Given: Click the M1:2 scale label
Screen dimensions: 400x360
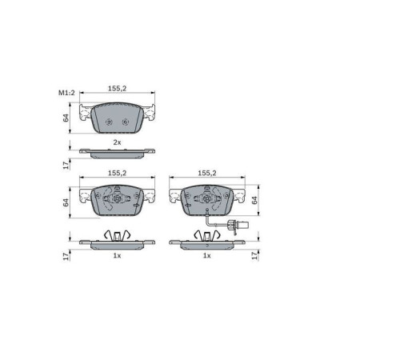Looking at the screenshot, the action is [66, 93].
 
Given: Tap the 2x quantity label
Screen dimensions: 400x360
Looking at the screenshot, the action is [117, 142].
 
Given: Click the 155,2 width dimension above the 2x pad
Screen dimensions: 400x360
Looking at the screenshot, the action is [117, 88].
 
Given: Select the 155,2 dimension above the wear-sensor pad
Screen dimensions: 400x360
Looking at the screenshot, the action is [207, 173].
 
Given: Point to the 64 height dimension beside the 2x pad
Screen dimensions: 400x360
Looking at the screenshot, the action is [66, 118].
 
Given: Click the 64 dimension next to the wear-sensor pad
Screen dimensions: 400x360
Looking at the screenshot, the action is [254, 200].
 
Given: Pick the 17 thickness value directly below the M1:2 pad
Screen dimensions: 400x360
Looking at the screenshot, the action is [66, 165].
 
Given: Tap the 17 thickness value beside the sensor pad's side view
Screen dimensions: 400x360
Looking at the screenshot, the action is [254, 255].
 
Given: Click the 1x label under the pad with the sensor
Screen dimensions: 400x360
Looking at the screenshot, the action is [207, 255].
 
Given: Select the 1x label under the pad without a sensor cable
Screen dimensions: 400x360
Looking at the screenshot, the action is [117, 255].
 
